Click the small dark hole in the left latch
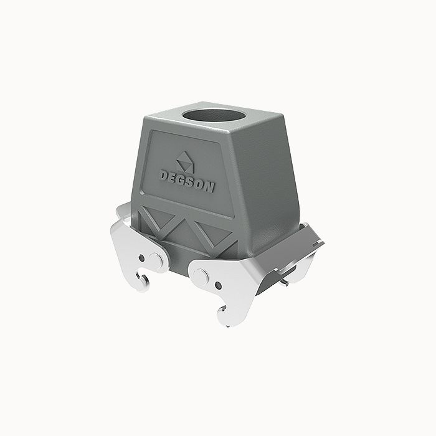click(x=143, y=258)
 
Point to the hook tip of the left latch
click(x=145, y=283)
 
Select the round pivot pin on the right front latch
click(x=204, y=273)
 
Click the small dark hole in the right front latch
click(x=218, y=285)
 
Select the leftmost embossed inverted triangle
click(x=154, y=216)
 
